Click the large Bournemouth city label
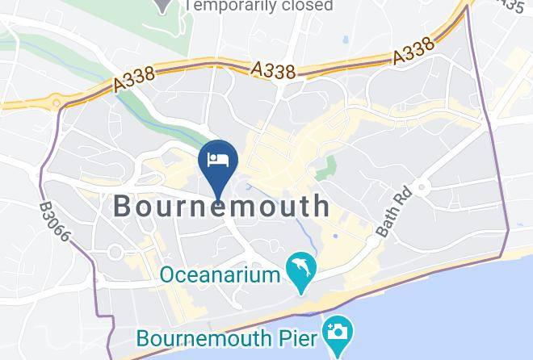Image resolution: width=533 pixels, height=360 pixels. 221,206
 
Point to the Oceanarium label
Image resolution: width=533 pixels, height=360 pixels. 219,274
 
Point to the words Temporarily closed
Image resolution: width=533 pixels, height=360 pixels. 258,6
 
